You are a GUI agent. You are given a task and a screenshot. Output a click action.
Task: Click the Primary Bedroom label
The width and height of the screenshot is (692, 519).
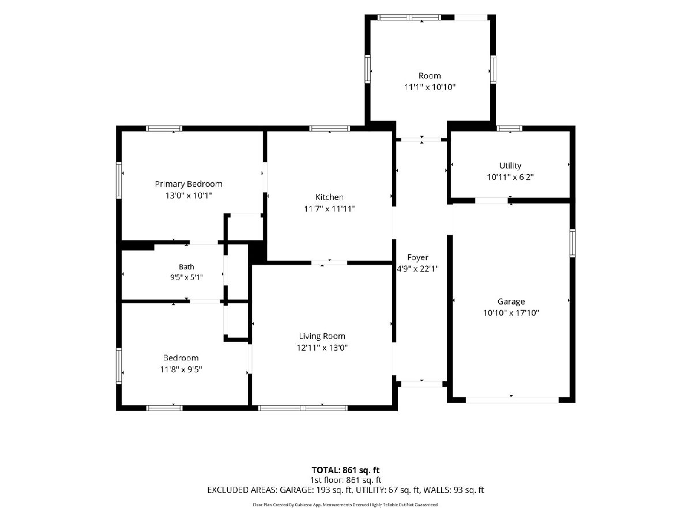coord(189,184)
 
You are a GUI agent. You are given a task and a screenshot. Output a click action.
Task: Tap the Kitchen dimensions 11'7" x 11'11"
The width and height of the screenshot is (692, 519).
coord(329,209)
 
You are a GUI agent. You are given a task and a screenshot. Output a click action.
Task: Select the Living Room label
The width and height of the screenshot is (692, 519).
coord(322,336)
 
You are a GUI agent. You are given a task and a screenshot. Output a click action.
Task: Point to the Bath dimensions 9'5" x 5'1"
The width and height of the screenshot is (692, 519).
coord(186,277)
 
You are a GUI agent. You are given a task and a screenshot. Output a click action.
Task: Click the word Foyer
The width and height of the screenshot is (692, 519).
coord(418,257)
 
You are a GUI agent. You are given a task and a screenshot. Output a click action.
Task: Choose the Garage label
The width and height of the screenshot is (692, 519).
coord(511,302)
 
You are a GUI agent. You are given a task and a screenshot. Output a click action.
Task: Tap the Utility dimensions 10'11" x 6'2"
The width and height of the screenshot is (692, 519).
coord(510,177)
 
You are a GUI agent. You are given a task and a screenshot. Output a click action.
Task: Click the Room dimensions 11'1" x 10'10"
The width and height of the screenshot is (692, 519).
coord(430,87)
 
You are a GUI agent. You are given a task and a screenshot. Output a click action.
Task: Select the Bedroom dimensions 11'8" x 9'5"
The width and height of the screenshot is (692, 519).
coord(181,369)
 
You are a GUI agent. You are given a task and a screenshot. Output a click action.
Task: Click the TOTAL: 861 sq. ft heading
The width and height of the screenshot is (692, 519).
coord(345,470)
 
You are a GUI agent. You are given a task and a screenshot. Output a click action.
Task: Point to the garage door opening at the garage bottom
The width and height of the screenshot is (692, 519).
coord(512,400)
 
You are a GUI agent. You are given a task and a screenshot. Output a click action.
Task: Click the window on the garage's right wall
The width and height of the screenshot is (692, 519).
coord(573,243)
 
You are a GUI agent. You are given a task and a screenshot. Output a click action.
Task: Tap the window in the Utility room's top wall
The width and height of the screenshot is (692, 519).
coord(509,128)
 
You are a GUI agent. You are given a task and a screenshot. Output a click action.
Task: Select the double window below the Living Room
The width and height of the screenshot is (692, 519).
coord(303,408)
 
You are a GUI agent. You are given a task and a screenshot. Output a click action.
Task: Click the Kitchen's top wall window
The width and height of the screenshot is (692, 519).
coord(329,128)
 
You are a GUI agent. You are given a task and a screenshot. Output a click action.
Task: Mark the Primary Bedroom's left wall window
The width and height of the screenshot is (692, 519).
coord(119,180)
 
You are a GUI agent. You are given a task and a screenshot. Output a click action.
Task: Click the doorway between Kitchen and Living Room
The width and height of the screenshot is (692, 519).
coord(329,263)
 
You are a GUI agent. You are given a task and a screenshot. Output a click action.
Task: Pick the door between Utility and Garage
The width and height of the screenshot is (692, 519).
coord(491,201)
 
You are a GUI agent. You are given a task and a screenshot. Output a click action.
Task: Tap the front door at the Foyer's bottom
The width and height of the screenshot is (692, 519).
coord(422,384)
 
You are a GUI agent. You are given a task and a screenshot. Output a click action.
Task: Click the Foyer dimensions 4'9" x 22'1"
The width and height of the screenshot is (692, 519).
coord(418,269)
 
